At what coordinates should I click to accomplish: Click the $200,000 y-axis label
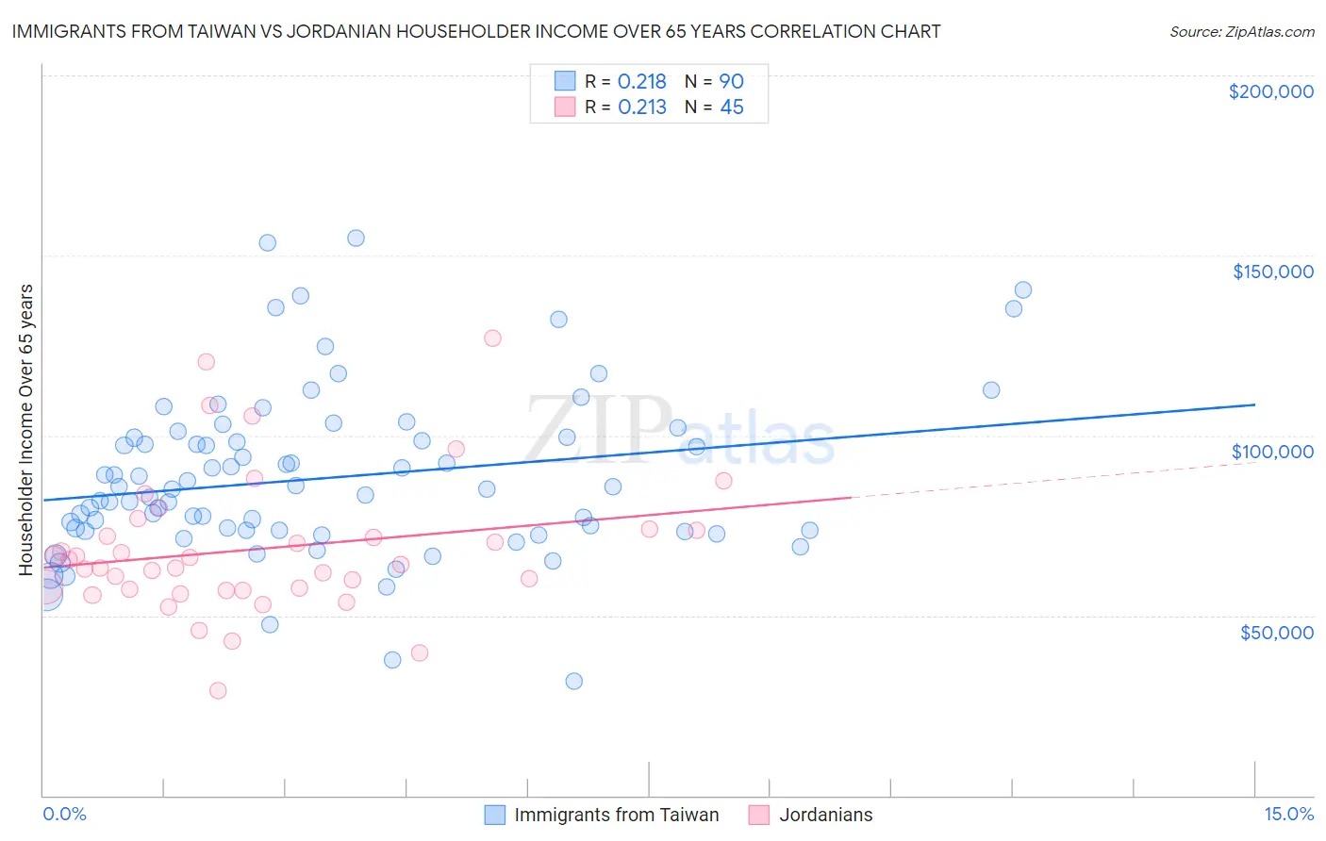coord(1270,91)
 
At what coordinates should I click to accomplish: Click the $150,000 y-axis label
coord(1272,272)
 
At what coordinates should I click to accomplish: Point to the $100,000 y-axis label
coord(1272,452)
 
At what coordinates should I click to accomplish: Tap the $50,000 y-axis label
coord(1276,632)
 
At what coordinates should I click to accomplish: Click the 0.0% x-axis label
coord(64,814)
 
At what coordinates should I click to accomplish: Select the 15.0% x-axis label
coord(1288,814)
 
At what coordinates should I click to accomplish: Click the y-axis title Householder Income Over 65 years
coord(26,429)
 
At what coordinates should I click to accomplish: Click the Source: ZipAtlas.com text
coord(1241,32)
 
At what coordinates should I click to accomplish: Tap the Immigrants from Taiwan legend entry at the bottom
coord(616,815)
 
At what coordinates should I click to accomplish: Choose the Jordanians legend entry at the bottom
coord(825,815)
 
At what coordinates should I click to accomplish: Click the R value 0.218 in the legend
coord(641,82)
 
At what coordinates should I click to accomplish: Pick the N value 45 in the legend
coord(732,107)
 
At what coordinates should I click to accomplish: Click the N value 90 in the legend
coord(732,82)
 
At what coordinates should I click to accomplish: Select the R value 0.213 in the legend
coord(641,107)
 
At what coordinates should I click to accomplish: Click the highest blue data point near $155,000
coord(356,238)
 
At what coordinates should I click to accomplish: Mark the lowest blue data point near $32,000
coord(573,681)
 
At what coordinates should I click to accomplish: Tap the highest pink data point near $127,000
coord(492,338)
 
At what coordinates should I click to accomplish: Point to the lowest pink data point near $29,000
coord(218,690)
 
